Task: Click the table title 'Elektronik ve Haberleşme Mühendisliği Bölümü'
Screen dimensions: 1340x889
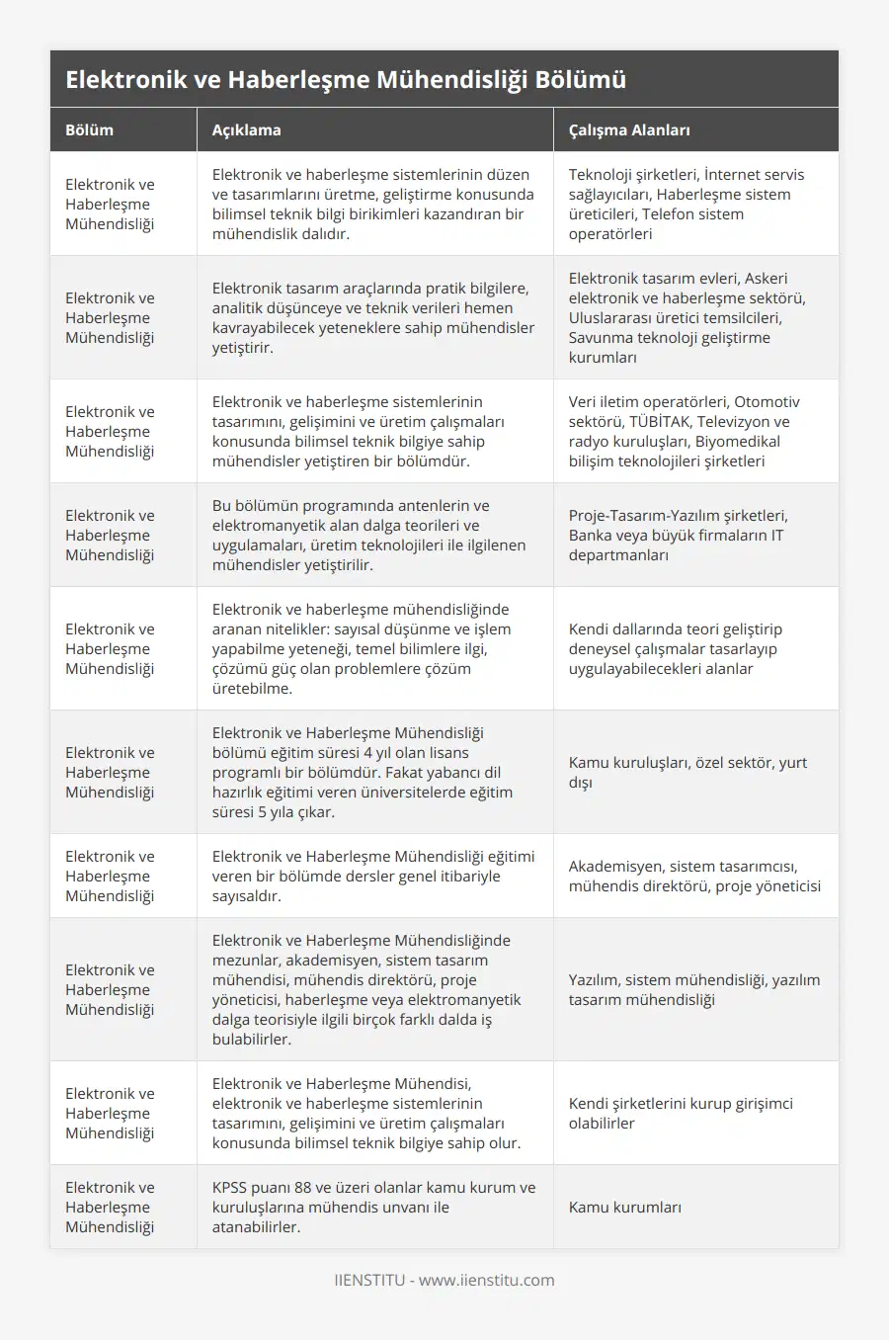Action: click(x=346, y=80)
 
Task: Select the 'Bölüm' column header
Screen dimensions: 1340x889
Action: click(x=90, y=130)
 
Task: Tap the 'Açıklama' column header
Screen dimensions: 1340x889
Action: click(x=247, y=130)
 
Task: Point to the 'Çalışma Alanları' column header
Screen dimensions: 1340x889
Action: click(x=629, y=130)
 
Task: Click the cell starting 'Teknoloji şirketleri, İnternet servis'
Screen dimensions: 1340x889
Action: click(x=687, y=204)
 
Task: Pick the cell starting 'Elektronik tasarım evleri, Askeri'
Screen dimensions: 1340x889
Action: click(x=687, y=317)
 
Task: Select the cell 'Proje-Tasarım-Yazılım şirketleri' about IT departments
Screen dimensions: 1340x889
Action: click(x=679, y=535)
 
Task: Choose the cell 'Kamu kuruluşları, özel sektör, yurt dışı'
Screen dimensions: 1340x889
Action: click(x=687, y=772)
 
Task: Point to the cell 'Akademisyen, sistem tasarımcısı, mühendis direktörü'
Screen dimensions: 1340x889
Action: click(x=694, y=876)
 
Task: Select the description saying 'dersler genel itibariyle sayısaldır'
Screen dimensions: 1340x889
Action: click(x=373, y=876)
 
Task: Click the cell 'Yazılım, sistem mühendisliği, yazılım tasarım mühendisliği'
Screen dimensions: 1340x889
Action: click(x=694, y=989)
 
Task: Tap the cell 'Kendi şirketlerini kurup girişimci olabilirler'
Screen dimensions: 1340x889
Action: click(x=681, y=1113)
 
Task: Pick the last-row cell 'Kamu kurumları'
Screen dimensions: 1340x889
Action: click(x=625, y=1207)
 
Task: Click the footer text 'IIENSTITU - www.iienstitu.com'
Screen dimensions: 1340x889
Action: click(x=444, y=1280)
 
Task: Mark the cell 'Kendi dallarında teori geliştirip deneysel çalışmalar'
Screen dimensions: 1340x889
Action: click(x=676, y=648)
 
